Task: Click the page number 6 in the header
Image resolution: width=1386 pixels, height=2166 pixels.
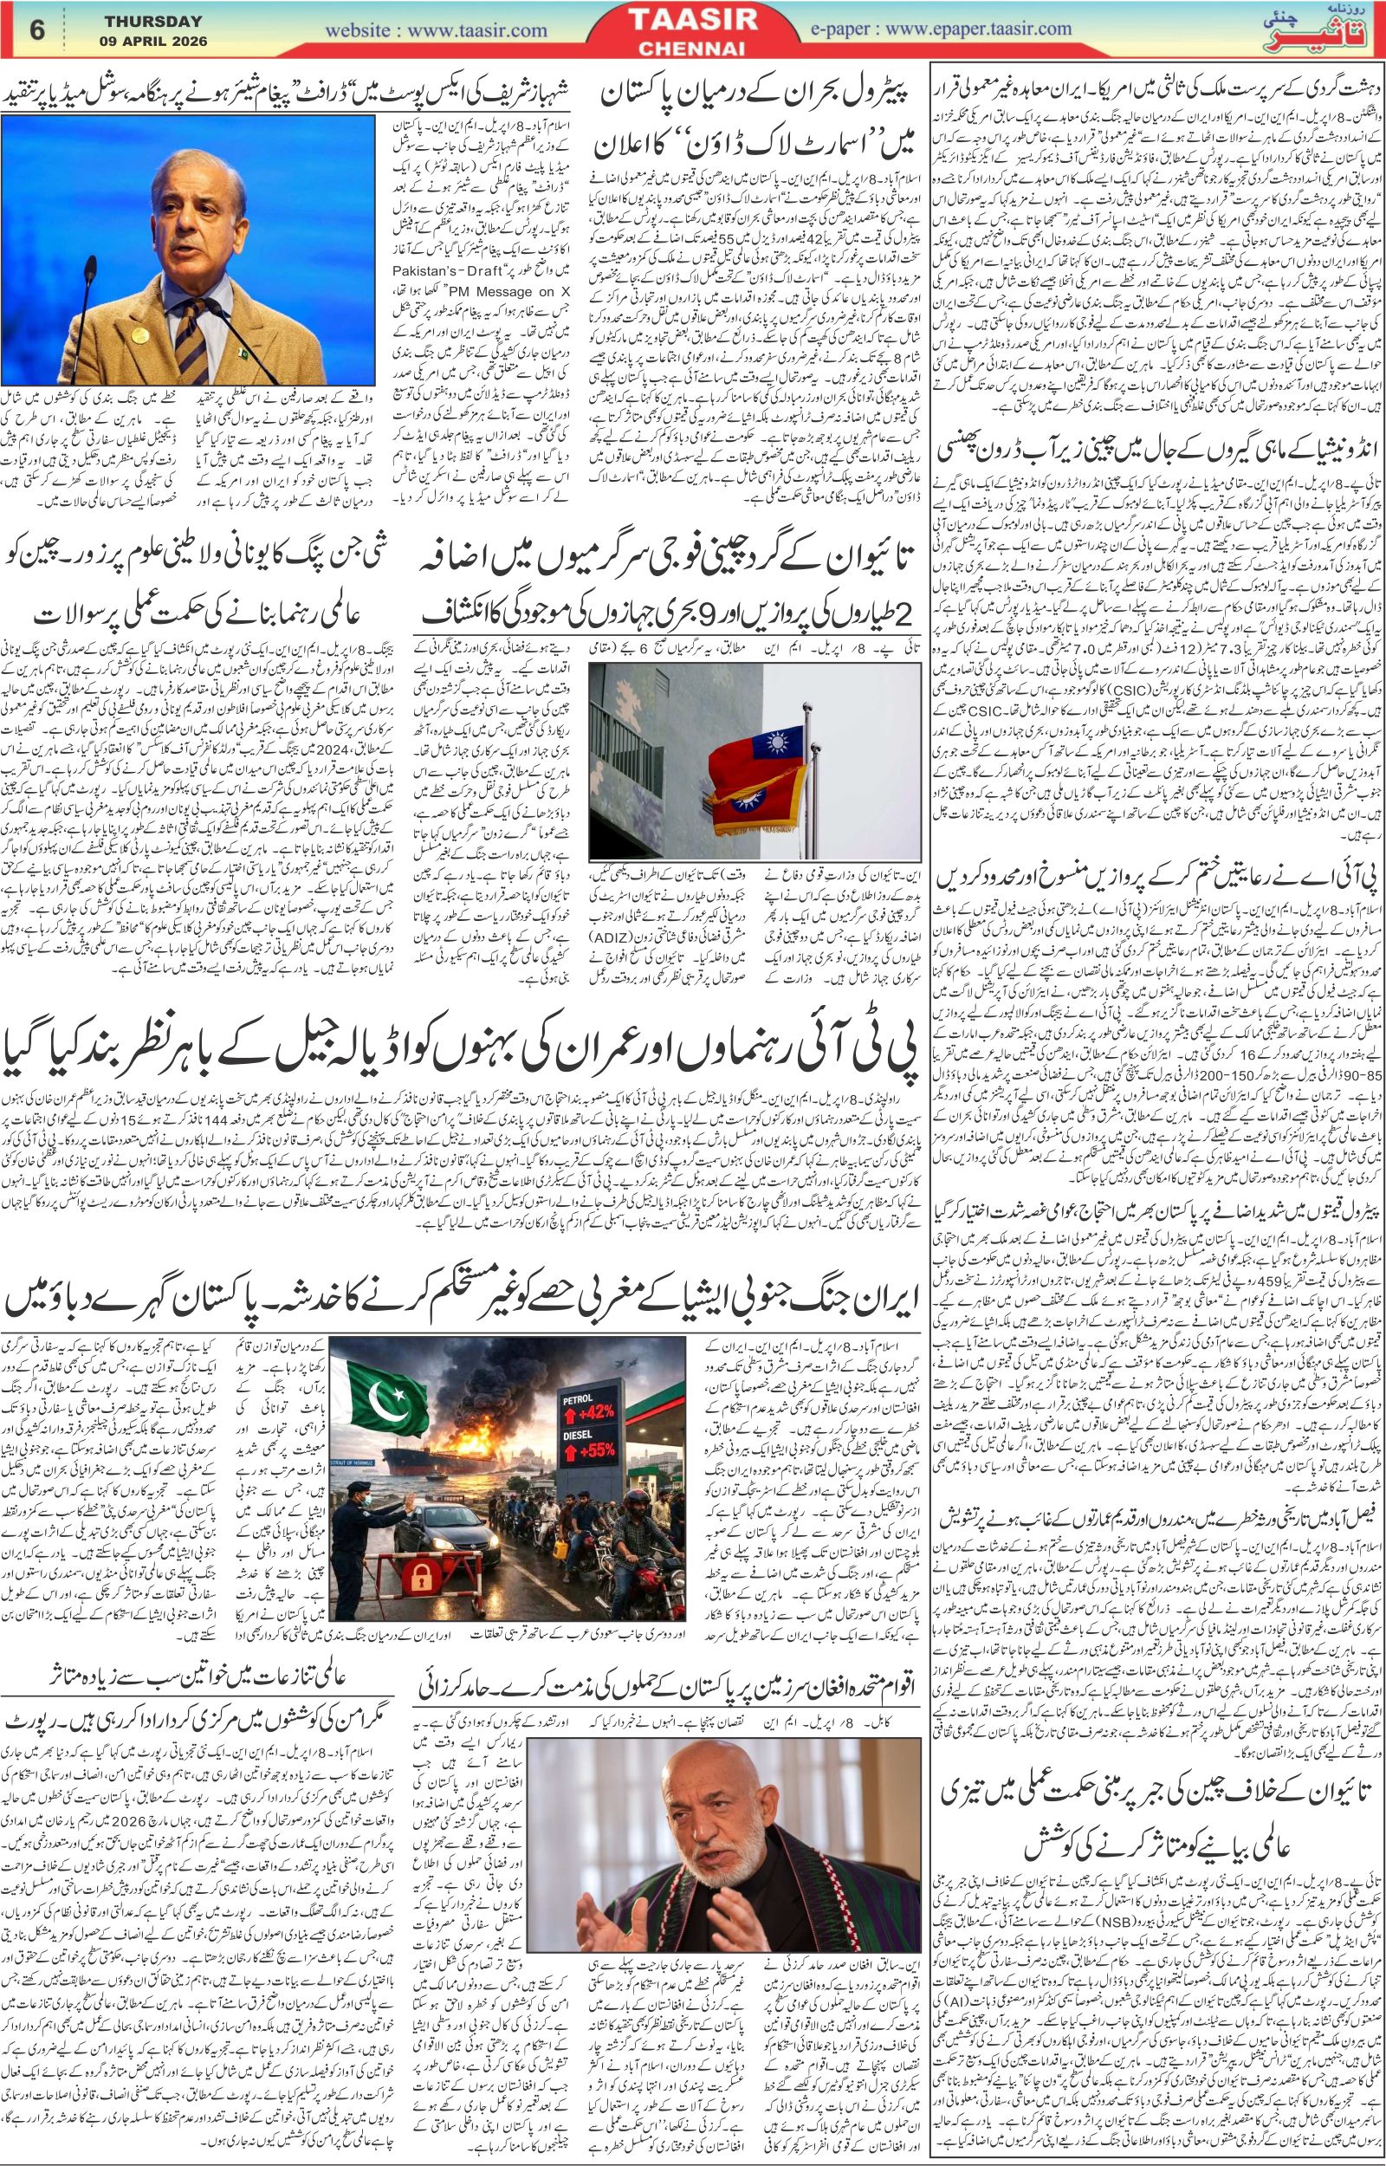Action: tap(38, 29)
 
